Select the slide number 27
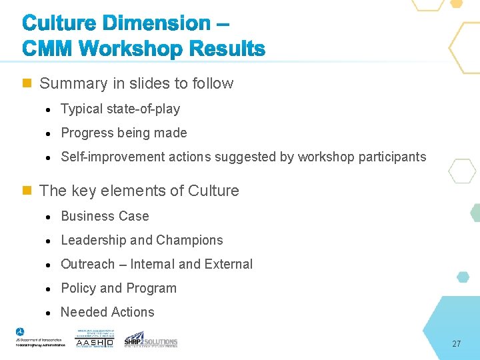[x=456, y=344]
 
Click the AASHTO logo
[x=95, y=339]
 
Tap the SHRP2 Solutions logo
[x=151, y=339]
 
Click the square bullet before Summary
[x=27, y=83]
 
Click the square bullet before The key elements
[x=27, y=191]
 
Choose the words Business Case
[x=105, y=216]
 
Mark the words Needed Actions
[x=107, y=312]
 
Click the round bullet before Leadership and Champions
[x=50, y=241]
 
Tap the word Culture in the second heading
[x=213, y=191]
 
